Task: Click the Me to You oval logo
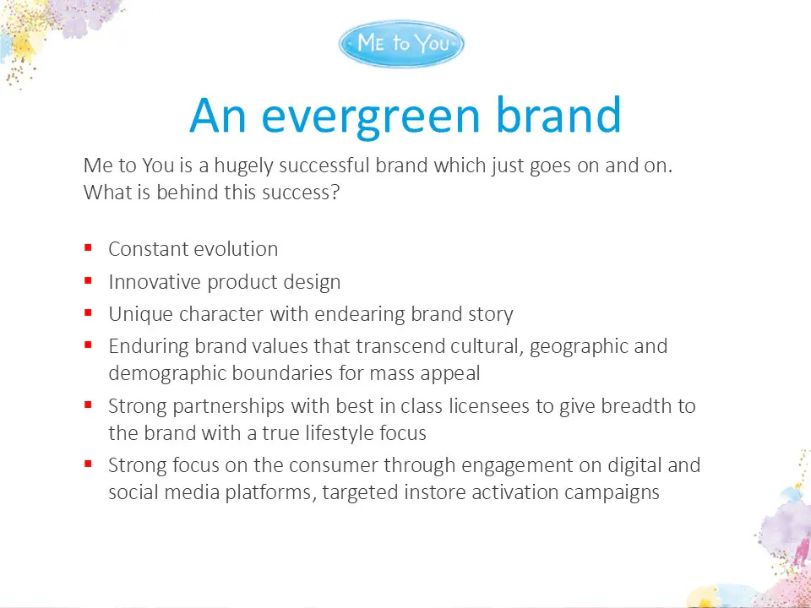[401, 43]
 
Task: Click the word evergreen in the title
[371, 116]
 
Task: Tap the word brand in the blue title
[558, 114]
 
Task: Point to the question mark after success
[335, 193]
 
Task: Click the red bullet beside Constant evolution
[88, 248]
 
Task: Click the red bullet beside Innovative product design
[88, 280]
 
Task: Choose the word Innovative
[154, 282]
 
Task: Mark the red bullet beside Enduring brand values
[88, 345]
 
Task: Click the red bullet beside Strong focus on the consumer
[88, 464]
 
